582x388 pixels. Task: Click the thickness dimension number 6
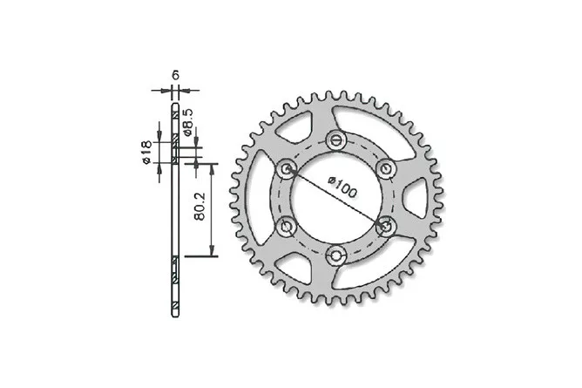[x=176, y=75]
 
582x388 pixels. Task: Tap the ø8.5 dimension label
[x=188, y=122]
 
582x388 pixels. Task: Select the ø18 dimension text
[x=146, y=153]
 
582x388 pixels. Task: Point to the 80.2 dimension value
[x=200, y=207]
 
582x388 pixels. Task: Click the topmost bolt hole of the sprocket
[x=336, y=140]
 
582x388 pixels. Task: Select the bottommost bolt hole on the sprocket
[x=336, y=255]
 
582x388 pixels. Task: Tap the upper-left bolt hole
[x=287, y=169]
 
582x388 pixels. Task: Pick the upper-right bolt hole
[x=386, y=169]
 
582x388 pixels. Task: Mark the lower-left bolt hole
[x=287, y=226]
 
